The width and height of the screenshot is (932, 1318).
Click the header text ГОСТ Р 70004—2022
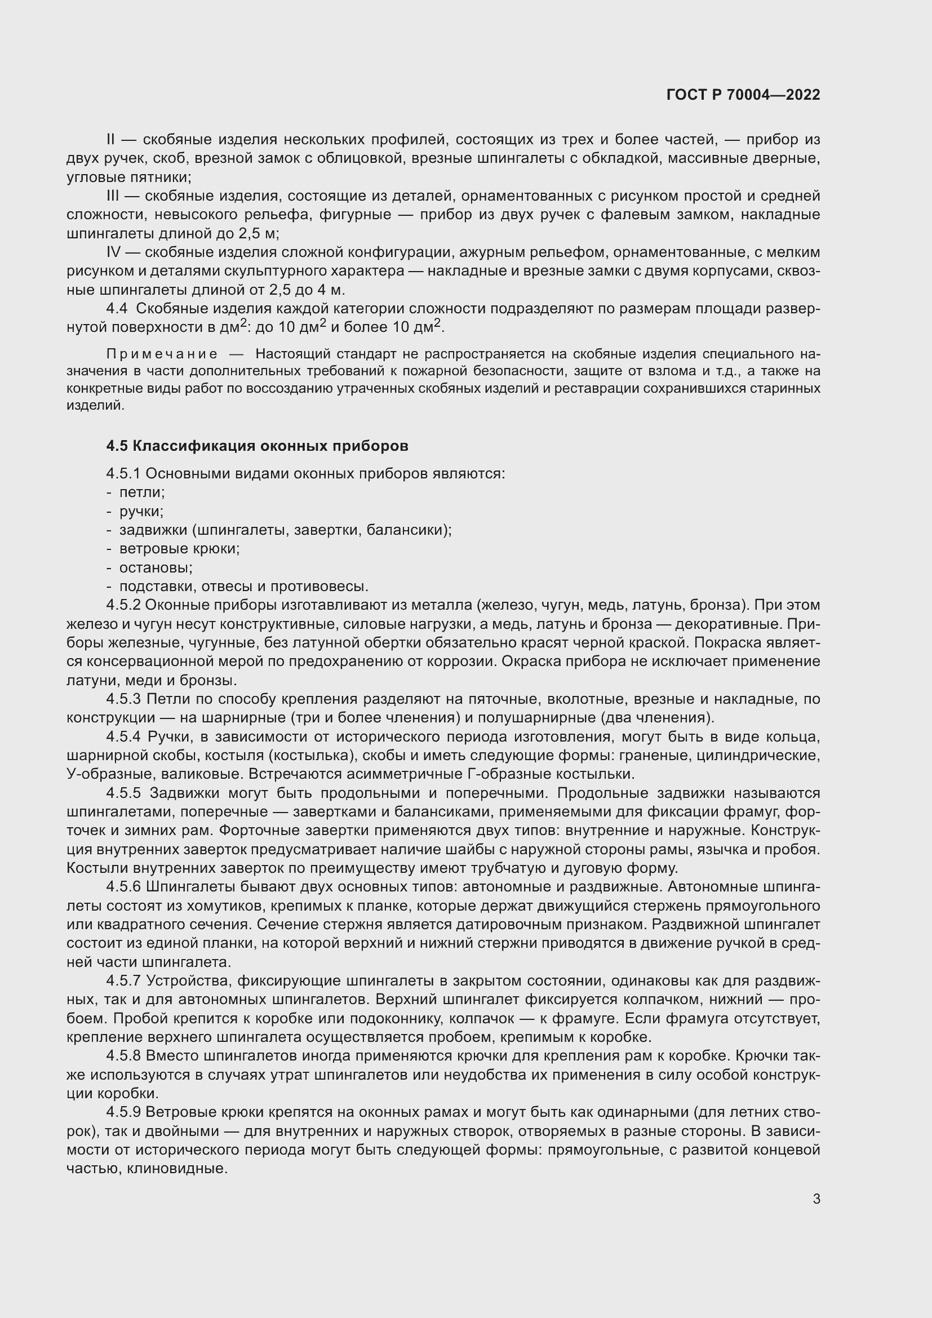point(743,95)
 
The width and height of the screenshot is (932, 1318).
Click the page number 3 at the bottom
point(816,1199)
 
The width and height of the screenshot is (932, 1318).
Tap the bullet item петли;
point(142,492)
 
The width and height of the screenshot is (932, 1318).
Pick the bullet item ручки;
point(141,511)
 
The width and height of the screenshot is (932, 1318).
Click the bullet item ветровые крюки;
point(179,548)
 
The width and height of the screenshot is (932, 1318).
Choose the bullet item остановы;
point(156,567)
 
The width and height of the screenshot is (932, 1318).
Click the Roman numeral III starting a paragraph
point(113,196)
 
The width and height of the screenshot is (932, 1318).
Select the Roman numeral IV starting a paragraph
point(114,252)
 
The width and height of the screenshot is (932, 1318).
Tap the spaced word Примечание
point(162,354)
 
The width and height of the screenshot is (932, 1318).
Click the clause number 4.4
point(117,308)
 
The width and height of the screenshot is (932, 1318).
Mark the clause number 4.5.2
point(123,605)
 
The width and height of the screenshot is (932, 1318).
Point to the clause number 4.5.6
point(123,886)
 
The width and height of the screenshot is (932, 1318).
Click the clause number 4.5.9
point(123,1112)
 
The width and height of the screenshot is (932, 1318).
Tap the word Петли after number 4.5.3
point(164,699)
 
